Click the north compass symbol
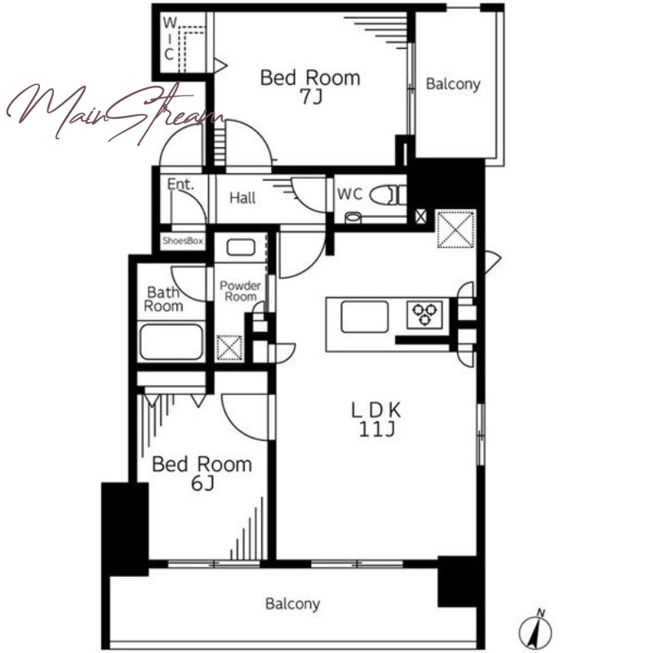tap(535, 631)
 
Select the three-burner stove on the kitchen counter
tap(424, 314)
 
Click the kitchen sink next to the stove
tap(364, 317)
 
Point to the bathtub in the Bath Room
tap(171, 342)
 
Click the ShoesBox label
tap(183, 241)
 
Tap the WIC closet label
tap(169, 38)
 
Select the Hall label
tap(242, 198)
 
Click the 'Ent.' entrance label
tap(180, 184)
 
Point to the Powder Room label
tap(240, 291)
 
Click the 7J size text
tap(311, 97)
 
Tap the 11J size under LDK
tap(376, 429)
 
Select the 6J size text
tap(202, 483)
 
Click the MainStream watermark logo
tap(114, 112)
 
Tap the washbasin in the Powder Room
tap(241, 247)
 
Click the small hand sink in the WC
tap(353, 217)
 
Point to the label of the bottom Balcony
tap(293, 604)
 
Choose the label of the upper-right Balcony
tap(453, 85)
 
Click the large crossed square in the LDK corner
tap(455, 229)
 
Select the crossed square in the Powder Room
tap(229, 348)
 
